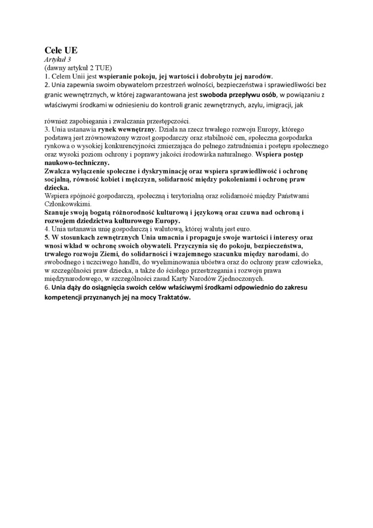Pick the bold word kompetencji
pos(66,299)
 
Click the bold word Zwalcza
pos(58,171)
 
